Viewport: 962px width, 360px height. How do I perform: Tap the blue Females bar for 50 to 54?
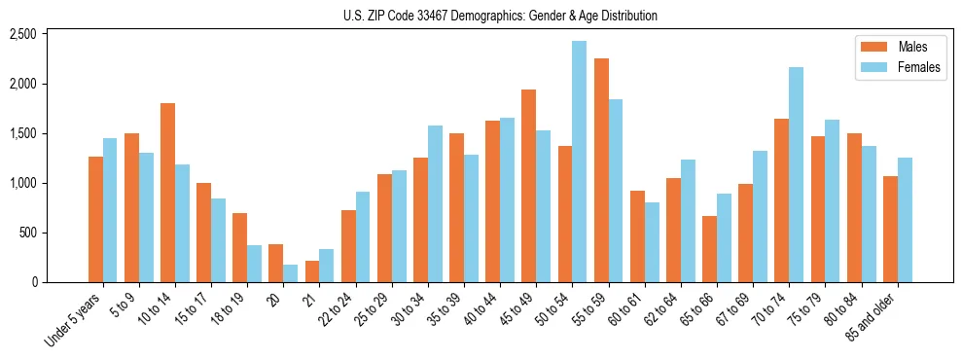pyautogui.click(x=579, y=162)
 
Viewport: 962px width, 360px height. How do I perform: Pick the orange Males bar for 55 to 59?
pyautogui.click(x=601, y=170)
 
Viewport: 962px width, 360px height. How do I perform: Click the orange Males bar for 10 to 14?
pyautogui.click(x=167, y=193)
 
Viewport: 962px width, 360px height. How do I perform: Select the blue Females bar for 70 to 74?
pyautogui.click(x=796, y=175)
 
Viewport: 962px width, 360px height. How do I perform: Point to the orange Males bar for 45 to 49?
pyautogui.click(x=528, y=186)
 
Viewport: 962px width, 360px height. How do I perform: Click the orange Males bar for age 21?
pyautogui.click(x=312, y=271)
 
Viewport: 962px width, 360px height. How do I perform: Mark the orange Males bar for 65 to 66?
pyautogui.click(x=709, y=249)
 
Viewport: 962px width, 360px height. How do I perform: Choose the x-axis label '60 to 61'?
pyautogui.click(x=625, y=309)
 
